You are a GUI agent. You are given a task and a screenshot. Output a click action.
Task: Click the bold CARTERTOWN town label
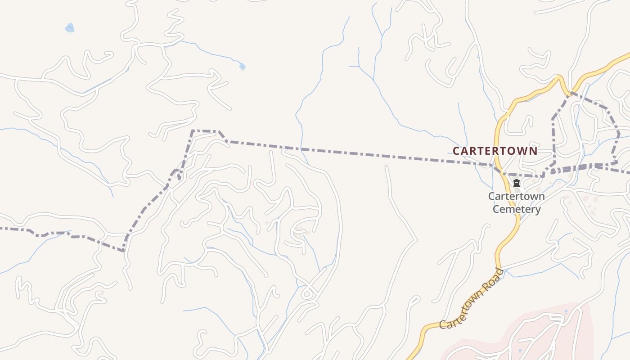495,151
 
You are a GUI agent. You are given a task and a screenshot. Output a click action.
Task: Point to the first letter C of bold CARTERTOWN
456,151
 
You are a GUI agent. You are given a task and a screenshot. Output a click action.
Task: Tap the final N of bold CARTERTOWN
534,151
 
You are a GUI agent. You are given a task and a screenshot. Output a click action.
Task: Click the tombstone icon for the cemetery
517,183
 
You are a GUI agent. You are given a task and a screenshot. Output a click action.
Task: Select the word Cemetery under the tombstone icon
517,209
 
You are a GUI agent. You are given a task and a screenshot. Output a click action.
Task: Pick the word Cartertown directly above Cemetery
517,197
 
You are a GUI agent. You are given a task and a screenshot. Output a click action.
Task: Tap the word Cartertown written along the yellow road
461,310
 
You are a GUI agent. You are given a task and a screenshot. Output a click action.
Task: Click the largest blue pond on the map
69,28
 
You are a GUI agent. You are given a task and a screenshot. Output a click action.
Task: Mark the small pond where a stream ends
243,67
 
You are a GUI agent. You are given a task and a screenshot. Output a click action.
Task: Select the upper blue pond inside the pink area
566,311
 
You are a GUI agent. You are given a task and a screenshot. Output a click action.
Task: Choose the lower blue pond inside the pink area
520,350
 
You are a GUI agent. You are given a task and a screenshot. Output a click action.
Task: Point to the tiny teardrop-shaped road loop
307,294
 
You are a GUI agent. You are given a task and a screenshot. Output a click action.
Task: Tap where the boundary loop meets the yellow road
570,94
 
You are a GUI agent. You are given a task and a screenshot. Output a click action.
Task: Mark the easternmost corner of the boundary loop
619,134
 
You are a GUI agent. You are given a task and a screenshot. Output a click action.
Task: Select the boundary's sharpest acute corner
123,250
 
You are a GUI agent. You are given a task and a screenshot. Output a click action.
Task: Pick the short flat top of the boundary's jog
205,131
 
